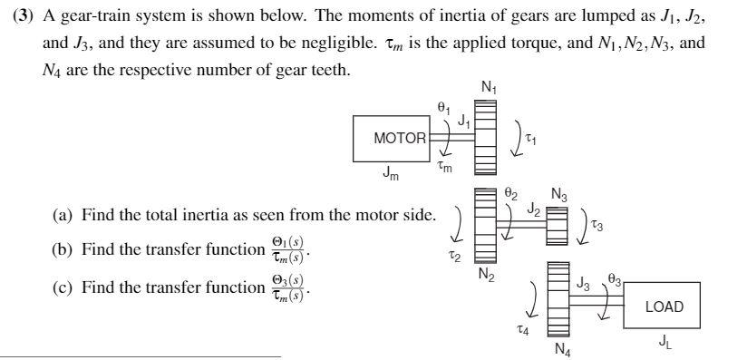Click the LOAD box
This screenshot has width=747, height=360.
pos(664,306)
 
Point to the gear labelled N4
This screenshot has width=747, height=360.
pos(558,299)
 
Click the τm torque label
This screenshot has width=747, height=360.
pos(444,168)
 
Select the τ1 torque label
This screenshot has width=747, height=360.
pos(532,140)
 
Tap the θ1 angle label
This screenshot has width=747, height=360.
pos(443,107)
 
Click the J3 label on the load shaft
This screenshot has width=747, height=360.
pos(584,284)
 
